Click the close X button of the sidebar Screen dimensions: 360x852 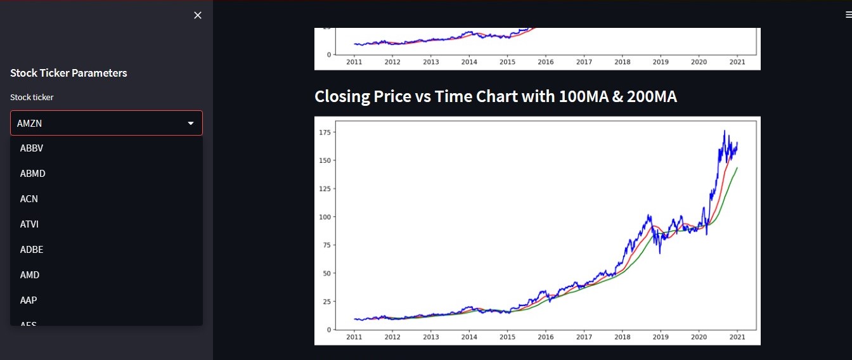click(x=198, y=15)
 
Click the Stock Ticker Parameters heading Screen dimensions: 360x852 click(x=68, y=73)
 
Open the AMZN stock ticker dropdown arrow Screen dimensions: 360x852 click(x=191, y=124)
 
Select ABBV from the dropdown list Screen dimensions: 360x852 click(x=32, y=148)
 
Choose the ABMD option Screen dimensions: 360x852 click(x=33, y=174)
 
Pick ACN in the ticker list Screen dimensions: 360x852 click(x=29, y=199)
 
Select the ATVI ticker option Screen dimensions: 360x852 click(x=30, y=224)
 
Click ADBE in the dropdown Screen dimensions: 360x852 click(x=32, y=250)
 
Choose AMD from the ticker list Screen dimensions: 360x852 click(x=30, y=275)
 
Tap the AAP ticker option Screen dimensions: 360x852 click(x=29, y=300)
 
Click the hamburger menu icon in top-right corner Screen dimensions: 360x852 click(x=848, y=15)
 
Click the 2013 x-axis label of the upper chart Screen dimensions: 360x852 click(x=430, y=62)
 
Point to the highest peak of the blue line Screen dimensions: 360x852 click(x=725, y=131)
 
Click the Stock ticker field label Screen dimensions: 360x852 click(x=32, y=97)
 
